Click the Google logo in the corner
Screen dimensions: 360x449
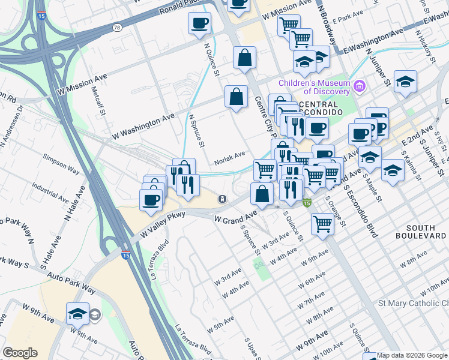20,353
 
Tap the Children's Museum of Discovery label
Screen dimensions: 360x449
314,87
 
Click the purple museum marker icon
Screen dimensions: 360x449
360,87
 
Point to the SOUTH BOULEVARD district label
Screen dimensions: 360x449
425,232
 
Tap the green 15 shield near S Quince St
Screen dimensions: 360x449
307,204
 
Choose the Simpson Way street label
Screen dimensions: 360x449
61,164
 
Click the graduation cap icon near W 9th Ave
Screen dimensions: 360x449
77,313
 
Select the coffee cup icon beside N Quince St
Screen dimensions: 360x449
199,23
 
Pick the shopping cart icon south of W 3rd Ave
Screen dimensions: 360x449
323,224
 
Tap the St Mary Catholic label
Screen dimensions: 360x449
413,304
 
